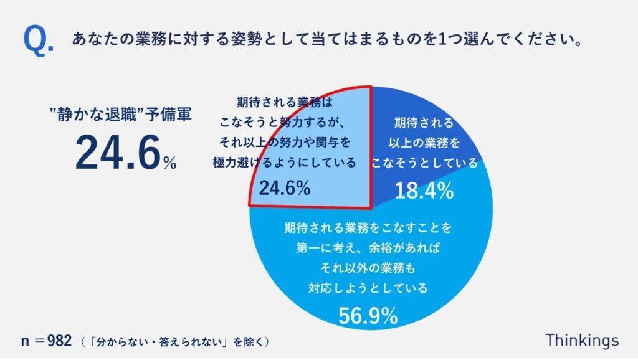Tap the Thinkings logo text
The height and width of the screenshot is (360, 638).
pos(582,341)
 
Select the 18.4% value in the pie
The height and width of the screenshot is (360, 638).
pos(424,191)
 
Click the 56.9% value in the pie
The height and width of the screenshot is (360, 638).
pos(368,316)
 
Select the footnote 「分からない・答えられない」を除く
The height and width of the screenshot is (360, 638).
pos(177,342)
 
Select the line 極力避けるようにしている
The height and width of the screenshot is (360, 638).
pos(285,163)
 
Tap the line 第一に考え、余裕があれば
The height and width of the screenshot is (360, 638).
pos(368,248)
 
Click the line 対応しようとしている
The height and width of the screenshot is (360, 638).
pos(368,288)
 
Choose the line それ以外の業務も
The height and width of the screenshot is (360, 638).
pos(368,268)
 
